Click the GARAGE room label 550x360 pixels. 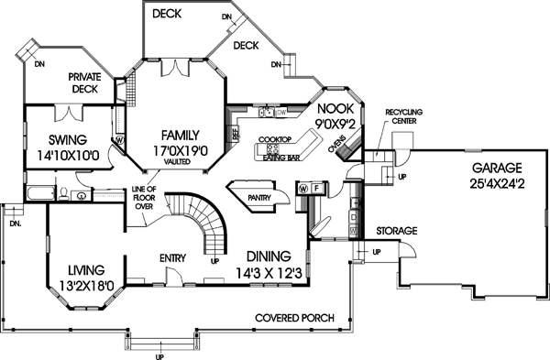tap(497, 168)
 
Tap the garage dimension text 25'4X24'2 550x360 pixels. tap(497, 183)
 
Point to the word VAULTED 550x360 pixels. tap(176, 160)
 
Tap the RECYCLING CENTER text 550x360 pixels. tap(403, 115)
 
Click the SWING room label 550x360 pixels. tap(61, 140)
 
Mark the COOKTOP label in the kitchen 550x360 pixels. tap(274, 139)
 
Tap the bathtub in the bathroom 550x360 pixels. tap(41, 194)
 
